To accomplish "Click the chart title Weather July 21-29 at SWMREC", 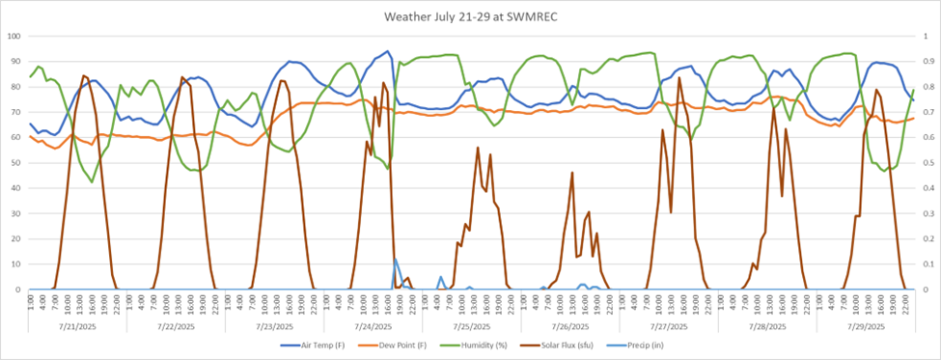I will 470,16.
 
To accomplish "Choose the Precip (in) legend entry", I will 665,345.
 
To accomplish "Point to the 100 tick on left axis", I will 14,36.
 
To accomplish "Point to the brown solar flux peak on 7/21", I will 84,75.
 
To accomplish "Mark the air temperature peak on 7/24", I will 388,51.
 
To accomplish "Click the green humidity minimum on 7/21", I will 92,181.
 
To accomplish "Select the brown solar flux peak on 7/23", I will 281,80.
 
